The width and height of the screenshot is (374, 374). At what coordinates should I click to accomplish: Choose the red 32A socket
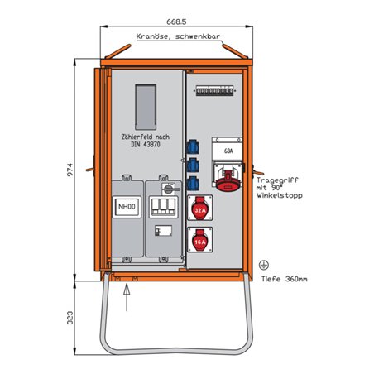199,211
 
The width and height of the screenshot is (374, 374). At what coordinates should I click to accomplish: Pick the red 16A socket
199,242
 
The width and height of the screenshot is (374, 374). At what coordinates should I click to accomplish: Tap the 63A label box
228,151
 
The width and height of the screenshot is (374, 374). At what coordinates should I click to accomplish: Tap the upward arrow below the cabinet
126,289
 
